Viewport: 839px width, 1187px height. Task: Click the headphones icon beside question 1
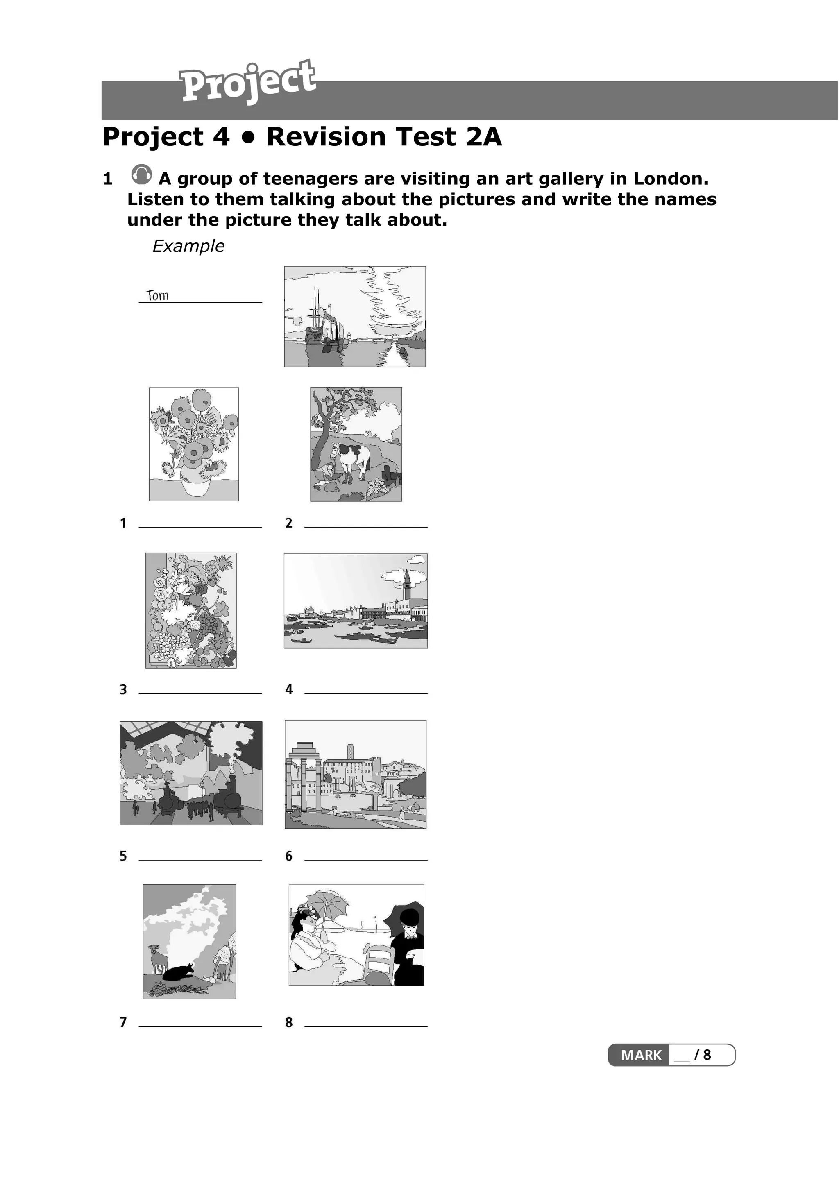142,175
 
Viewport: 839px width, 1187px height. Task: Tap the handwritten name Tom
157,295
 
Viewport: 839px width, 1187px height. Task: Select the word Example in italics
188,246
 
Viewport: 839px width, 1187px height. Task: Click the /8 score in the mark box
703,1055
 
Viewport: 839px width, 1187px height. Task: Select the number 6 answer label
289,856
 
